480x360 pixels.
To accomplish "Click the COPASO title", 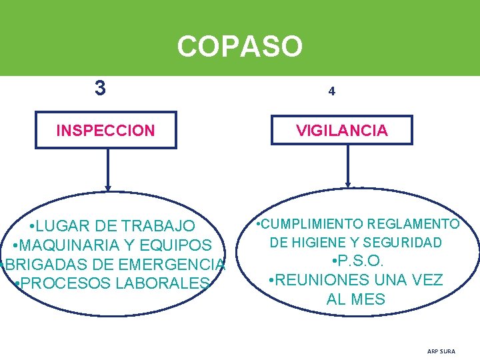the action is pyautogui.click(x=240, y=47).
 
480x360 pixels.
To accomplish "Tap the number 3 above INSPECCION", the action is pyautogui.click(x=100, y=88).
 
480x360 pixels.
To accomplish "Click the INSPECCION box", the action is pyautogui.click(x=106, y=130).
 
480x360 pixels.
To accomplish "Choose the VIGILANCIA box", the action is pyautogui.click(x=342, y=131).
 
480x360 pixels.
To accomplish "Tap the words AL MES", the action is pyautogui.click(x=356, y=299).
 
